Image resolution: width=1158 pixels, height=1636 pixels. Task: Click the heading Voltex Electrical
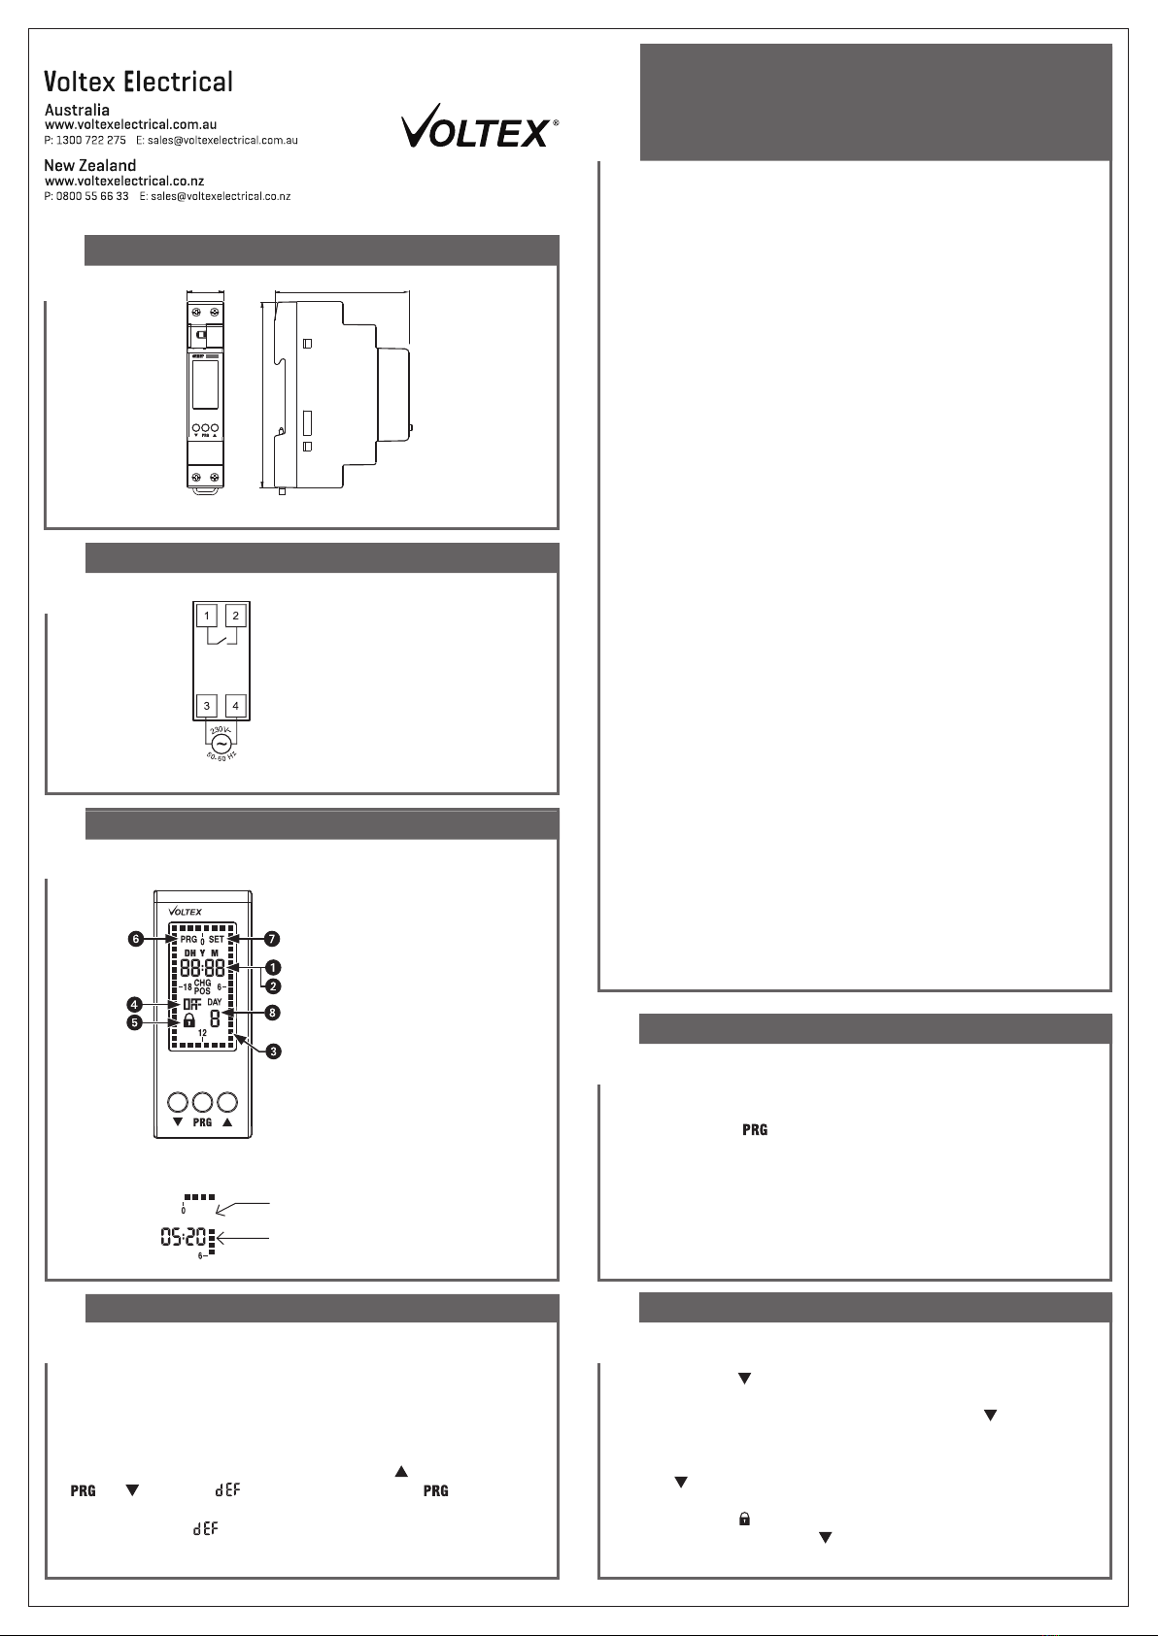point(138,82)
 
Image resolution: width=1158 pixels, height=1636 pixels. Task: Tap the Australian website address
point(131,125)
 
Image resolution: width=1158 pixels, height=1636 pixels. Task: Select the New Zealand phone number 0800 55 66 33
point(92,196)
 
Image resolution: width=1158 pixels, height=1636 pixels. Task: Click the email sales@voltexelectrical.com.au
point(222,140)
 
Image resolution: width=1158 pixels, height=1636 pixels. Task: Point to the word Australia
point(77,110)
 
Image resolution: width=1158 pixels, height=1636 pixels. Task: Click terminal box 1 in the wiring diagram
point(207,616)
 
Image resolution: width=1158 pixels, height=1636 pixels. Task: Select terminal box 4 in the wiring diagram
point(235,706)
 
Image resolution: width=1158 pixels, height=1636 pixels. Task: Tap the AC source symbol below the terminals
point(221,745)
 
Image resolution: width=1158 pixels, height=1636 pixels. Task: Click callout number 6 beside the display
point(135,939)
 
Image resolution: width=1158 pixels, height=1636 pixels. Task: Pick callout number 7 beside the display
point(272,939)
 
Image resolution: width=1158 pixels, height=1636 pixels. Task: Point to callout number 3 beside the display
point(273,1052)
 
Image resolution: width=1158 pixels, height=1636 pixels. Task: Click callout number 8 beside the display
point(272,1013)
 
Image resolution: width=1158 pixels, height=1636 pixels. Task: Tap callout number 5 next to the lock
point(134,1022)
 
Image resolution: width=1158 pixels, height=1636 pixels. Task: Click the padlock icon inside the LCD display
point(189,1020)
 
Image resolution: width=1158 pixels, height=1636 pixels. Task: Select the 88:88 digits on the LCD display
point(202,969)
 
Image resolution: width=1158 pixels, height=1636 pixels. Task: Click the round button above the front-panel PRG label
point(202,1102)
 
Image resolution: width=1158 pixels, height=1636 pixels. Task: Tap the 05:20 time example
point(184,1237)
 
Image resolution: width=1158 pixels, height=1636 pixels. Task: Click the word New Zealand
point(90,166)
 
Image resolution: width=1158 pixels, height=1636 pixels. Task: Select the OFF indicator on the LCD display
point(191,1005)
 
